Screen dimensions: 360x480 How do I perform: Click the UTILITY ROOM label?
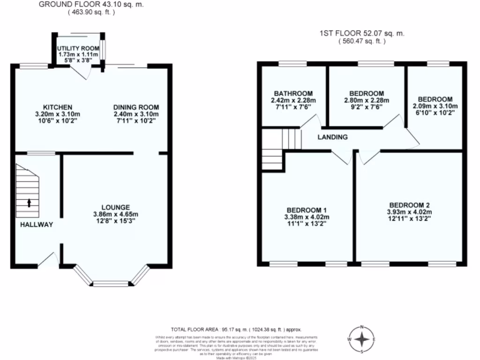coord(78,48)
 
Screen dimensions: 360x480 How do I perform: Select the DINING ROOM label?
coord(136,107)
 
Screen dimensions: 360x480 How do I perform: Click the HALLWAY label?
coord(37,225)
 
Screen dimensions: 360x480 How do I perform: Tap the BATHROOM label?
coord(294,94)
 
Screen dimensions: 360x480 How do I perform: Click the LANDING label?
coord(332,137)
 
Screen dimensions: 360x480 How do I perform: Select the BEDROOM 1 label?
coord(307,210)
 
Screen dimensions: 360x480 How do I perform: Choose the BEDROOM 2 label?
coord(409,205)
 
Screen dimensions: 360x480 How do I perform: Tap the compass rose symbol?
coord(361,338)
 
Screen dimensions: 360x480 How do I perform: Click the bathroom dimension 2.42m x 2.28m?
coord(294,100)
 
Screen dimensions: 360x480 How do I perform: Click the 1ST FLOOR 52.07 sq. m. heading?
coord(361,33)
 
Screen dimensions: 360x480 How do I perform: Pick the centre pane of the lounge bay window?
coord(111,283)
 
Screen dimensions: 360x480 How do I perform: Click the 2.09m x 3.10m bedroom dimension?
coord(435,106)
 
